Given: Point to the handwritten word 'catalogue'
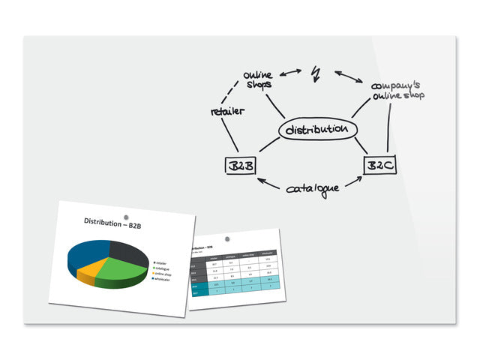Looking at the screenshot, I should (x=312, y=187).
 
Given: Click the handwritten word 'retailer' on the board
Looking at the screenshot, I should (x=227, y=111).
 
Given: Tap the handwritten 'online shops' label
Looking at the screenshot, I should (x=260, y=79).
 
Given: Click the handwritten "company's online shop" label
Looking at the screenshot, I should (x=397, y=89).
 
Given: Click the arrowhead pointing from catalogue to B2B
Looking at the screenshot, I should (x=260, y=180).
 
